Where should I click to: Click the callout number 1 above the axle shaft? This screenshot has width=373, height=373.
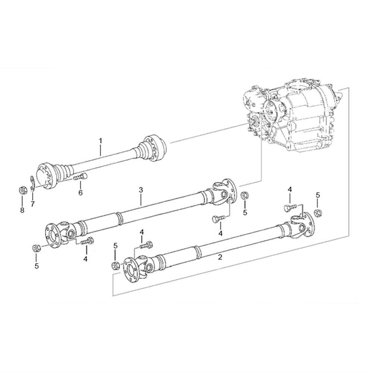(x=100, y=141)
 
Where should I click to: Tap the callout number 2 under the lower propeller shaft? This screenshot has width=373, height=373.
(x=220, y=257)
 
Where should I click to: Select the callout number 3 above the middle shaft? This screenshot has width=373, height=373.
(x=141, y=190)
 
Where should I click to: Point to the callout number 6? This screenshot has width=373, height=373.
(x=81, y=192)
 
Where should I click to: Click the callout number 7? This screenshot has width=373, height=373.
(x=32, y=204)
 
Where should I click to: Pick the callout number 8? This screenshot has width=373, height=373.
(x=22, y=210)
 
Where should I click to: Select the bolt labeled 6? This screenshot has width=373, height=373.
(x=80, y=177)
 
